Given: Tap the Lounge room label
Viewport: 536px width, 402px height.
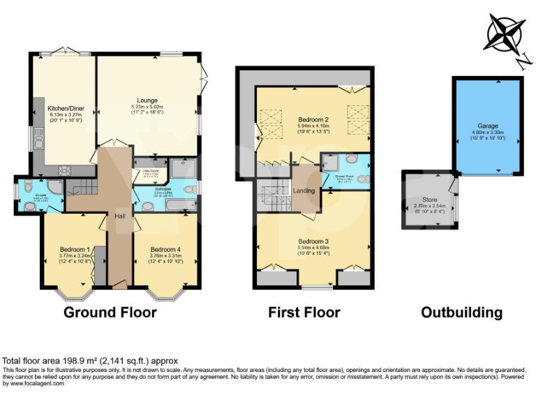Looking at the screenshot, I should pyautogui.click(x=147, y=100).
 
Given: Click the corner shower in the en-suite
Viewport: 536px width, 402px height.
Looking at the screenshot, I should pyautogui.click(x=55, y=186).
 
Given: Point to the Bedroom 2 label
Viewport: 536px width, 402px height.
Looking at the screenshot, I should pyautogui.click(x=313, y=119).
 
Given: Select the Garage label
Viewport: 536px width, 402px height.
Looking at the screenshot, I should pyautogui.click(x=488, y=126).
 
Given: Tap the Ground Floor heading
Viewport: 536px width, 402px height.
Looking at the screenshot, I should pyautogui.click(x=110, y=311).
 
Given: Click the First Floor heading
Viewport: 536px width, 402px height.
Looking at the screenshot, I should pyautogui.click(x=304, y=311).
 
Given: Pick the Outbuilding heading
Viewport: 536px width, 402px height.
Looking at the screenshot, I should pyautogui.click(x=461, y=311).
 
